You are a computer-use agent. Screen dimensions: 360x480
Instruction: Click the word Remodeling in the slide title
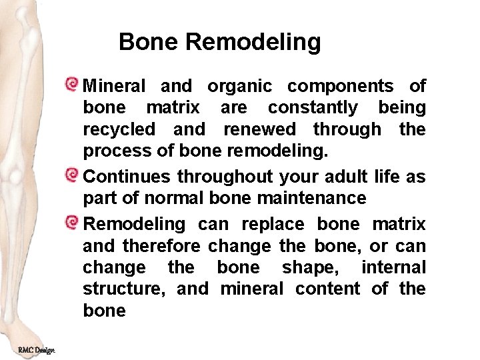click(253, 43)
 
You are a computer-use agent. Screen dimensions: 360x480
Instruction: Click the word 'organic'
click(239, 87)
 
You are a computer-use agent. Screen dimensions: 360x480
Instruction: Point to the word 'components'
click(340, 87)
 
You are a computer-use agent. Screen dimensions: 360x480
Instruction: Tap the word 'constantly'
click(313, 108)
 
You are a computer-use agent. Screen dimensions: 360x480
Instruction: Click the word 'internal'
click(393, 267)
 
